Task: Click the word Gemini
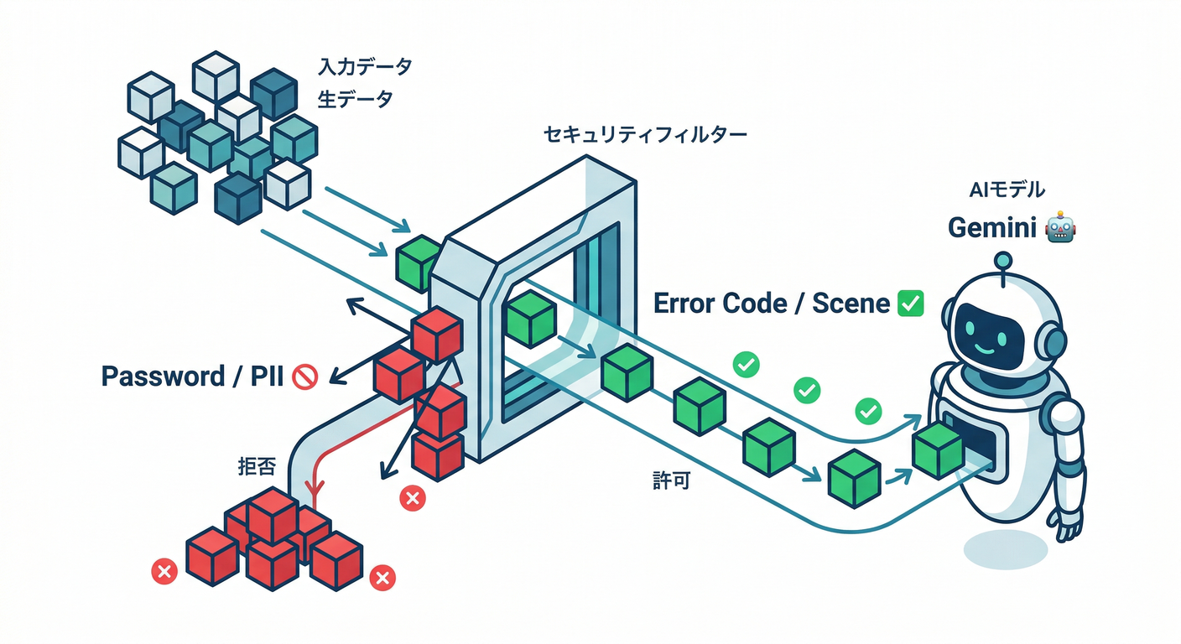(x=991, y=228)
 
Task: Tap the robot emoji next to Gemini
(x=1061, y=228)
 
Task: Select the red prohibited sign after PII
(x=304, y=377)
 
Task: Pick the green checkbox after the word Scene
(x=910, y=303)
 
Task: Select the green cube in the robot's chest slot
(x=938, y=450)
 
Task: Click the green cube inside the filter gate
(x=530, y=319)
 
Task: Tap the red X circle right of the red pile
(x=382, y=577)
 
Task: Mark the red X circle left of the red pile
(x=164, y=572)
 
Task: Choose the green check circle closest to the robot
(x=867, y=411)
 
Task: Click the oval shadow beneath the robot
(x=1005, y=549)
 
